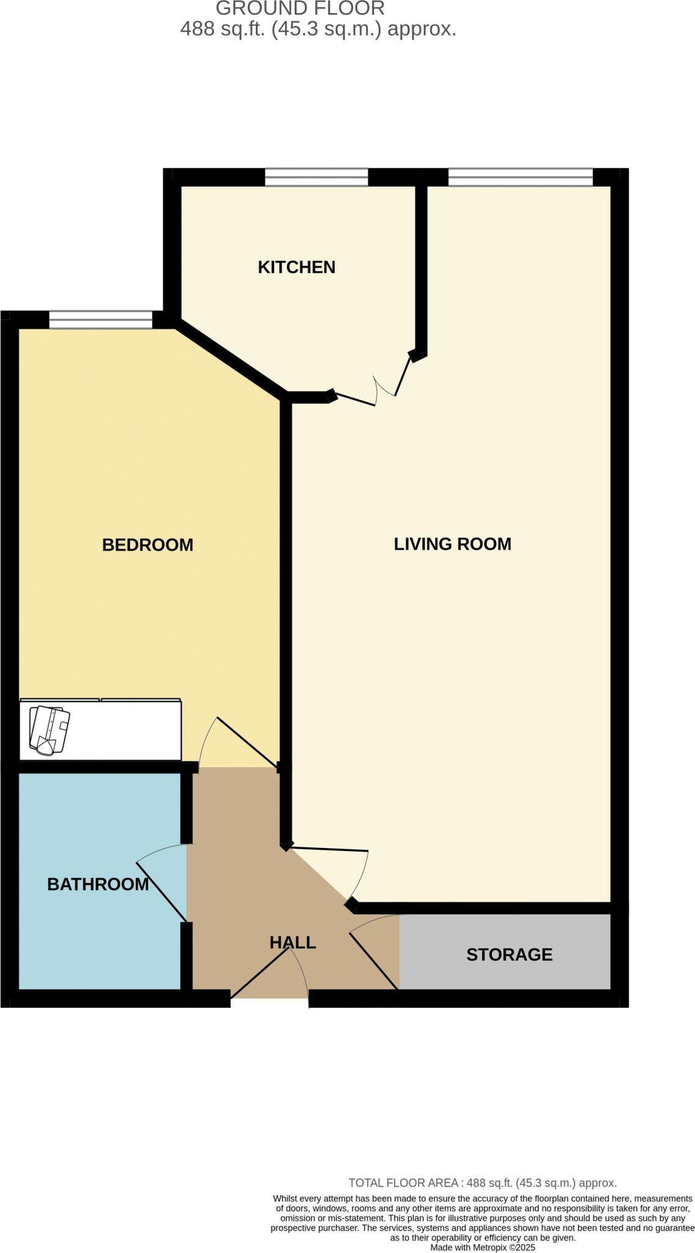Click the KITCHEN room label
(x=296, y=267)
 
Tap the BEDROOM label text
(x=147, y=545)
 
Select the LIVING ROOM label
(x=452, y=544)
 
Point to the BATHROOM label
(x=98, y=884)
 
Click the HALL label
(x=292, y=942)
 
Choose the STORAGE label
(x=509, y=954)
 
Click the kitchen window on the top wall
(x=316, y=177)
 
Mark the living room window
(x=520, y=177)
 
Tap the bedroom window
(x=100, y=320)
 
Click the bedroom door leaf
(x=247, y=742)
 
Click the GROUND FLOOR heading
(x=300, y=9)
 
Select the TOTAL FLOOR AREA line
(x=482, y=1183)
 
